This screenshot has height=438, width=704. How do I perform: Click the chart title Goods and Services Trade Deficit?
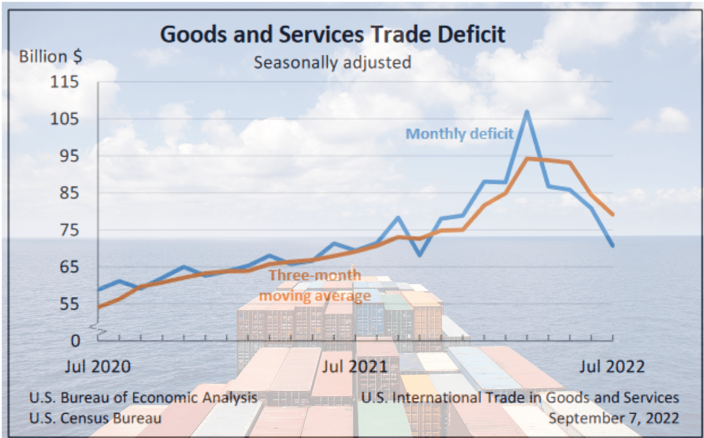pyautogui.click(x=333, y=35)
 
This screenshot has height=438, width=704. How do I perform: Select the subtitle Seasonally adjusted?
pyautogui.click(x=332, y=62)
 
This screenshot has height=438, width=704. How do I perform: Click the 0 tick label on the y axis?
pyautogui.click(x=75, y=340)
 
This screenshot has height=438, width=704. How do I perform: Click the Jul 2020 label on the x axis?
pyautogui.click(x=98, y=366)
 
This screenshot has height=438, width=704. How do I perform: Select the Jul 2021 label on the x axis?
pyautogui.click(x=355, y=366)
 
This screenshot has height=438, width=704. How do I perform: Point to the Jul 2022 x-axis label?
pyautogui.click(x=612, y=366)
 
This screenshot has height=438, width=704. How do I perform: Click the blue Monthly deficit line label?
pyautogui.click(x=460, y=133)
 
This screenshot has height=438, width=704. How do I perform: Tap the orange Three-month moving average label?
pyautogui.click(x=315, y=285)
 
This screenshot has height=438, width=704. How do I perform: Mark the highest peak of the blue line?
pyautogui.click(x=526, y=112)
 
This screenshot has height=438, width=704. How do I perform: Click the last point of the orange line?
pyautogui.click(x=612, y=215)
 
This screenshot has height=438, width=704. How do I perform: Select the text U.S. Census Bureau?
pyautogui.click(x=95, y=418)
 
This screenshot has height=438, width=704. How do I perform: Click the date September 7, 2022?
pyautogui.click(x=613, y=418)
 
